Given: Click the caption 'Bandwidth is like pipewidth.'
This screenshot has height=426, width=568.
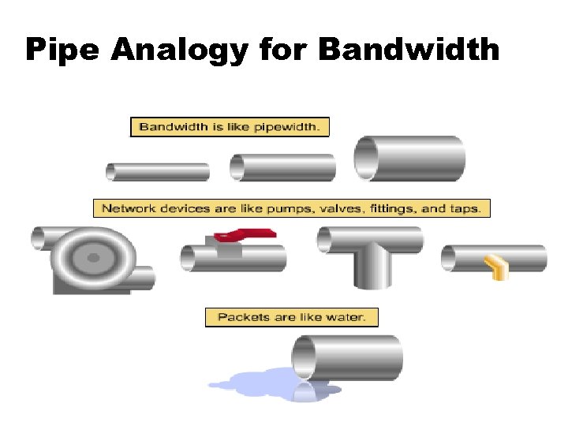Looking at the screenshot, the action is pos(230,126).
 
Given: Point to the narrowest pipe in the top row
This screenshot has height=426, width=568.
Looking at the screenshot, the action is pos(158,171).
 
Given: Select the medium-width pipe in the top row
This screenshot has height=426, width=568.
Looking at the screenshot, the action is pos(282,167).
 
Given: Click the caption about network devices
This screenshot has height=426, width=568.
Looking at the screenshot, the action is pos(292,209).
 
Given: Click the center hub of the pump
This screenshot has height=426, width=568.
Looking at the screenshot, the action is pos(93,257).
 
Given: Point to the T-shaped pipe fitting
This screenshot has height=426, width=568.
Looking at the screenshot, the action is pos(370,252).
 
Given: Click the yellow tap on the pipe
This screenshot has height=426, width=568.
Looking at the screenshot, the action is pos(495,267).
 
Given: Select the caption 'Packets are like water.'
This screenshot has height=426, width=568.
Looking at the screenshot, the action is pos(291,317).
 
